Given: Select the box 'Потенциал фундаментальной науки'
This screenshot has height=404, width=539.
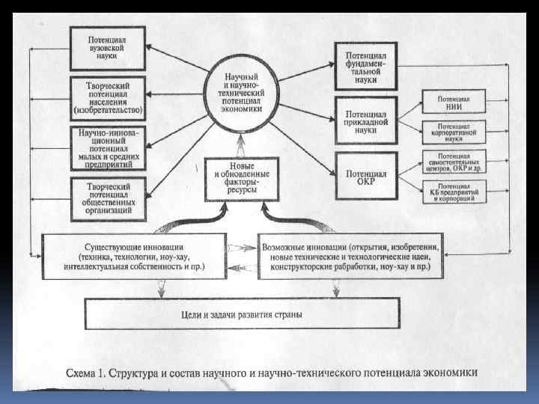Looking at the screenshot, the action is pyautogui.click(x=365, y=66).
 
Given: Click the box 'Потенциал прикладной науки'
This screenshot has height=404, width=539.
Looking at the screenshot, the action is pyautogui.click(x=365, y=119).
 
